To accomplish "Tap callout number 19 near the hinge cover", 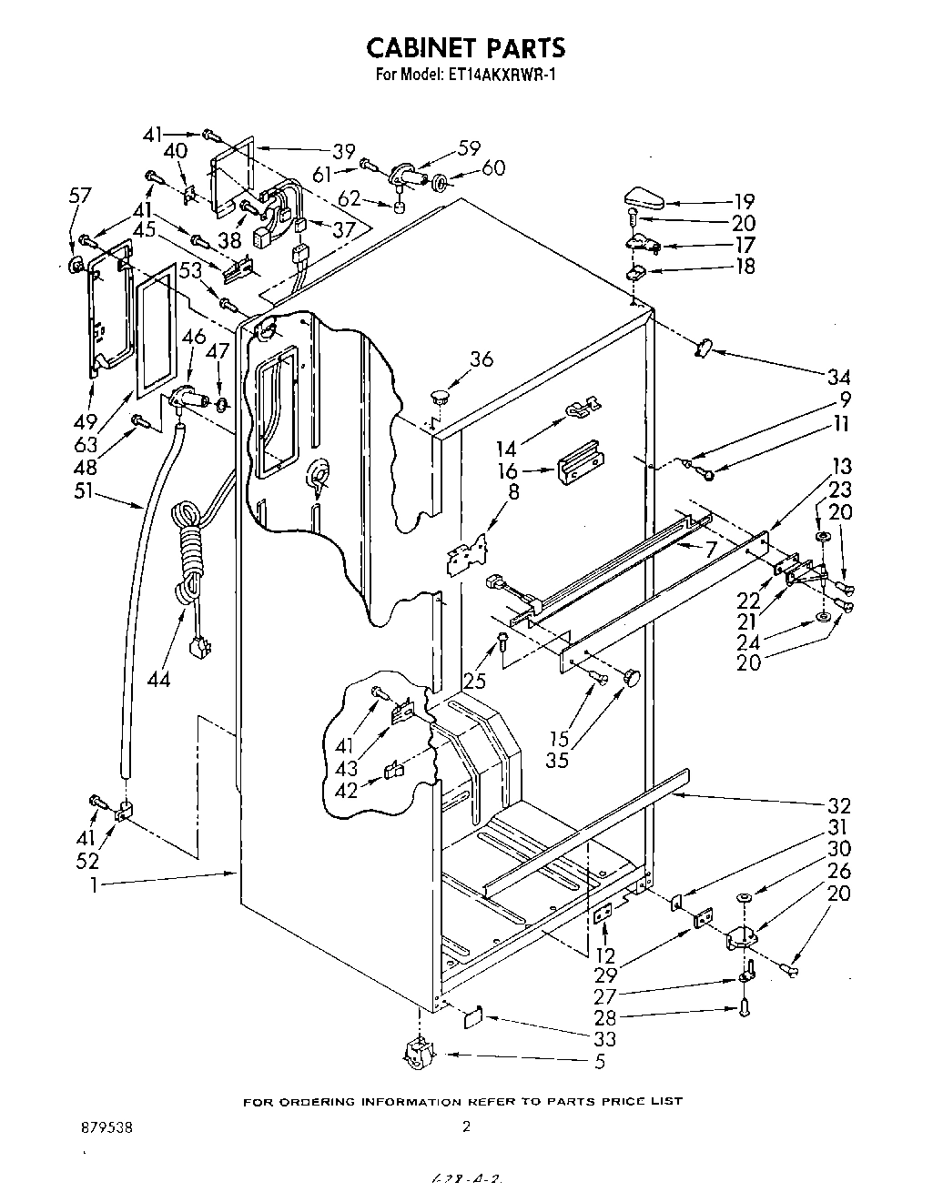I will click(x=744, y=202).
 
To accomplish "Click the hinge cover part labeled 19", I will click(x=644, y=195).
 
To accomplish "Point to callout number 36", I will click(x=482, y=359).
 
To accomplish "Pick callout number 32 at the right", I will click(x=839, y=805).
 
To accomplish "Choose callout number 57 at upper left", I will click(x=80, y=195).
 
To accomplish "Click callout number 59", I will click(x=470, y=149).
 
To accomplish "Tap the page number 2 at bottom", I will click(x=466, y=1126).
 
